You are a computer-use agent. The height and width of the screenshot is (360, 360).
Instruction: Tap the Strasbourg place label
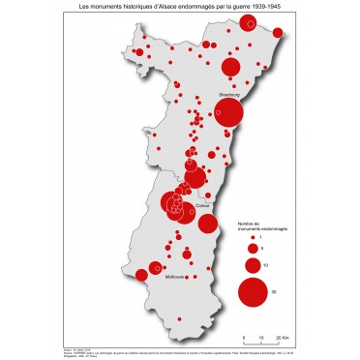[x=228, y=95]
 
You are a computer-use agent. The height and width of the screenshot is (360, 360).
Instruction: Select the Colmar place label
[x=202, y=206]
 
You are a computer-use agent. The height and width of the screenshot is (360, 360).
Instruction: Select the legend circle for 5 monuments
[x=251, y=249]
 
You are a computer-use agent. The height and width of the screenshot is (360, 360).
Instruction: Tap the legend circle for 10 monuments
[x=251, y=264]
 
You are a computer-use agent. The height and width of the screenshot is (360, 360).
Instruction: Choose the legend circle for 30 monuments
[x=251, y=290]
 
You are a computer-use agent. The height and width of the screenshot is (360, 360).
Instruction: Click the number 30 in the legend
[x=274, y=291]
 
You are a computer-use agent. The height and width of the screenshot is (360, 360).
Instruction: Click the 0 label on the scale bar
[x=245, y=336]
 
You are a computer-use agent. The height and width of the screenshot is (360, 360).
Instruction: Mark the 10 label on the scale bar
[x=260, y=336]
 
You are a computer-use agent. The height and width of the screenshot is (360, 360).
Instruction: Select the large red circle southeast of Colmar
[x=207, y=224]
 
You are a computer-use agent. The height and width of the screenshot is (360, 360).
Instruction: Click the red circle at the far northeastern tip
[x=279, y=34]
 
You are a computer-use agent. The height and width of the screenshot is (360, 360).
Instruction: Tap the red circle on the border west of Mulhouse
[x=141, y=275]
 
